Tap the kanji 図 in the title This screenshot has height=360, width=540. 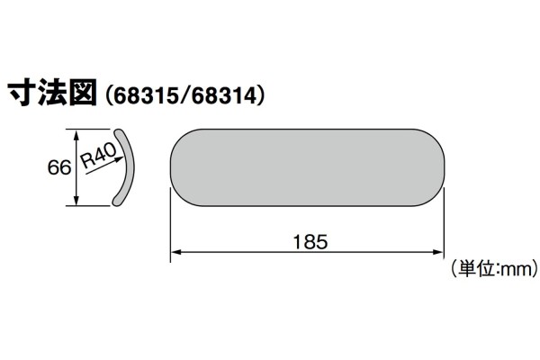(x=82, y=94)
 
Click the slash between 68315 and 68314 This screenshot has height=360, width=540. (x=187, y=95)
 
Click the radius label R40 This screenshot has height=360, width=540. (x=100, y=158)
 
